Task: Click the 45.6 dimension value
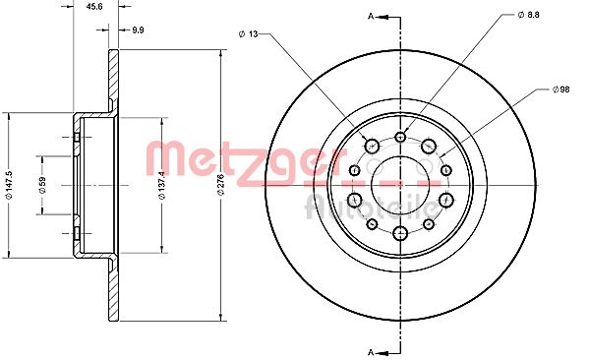94,6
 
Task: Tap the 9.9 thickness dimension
138,30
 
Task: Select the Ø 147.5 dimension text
9,185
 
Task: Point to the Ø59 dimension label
42,185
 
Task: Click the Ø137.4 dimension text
162,185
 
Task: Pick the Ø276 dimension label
220,185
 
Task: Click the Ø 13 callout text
249,34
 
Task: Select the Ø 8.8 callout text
528,15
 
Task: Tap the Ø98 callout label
560,90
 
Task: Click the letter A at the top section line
371,16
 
